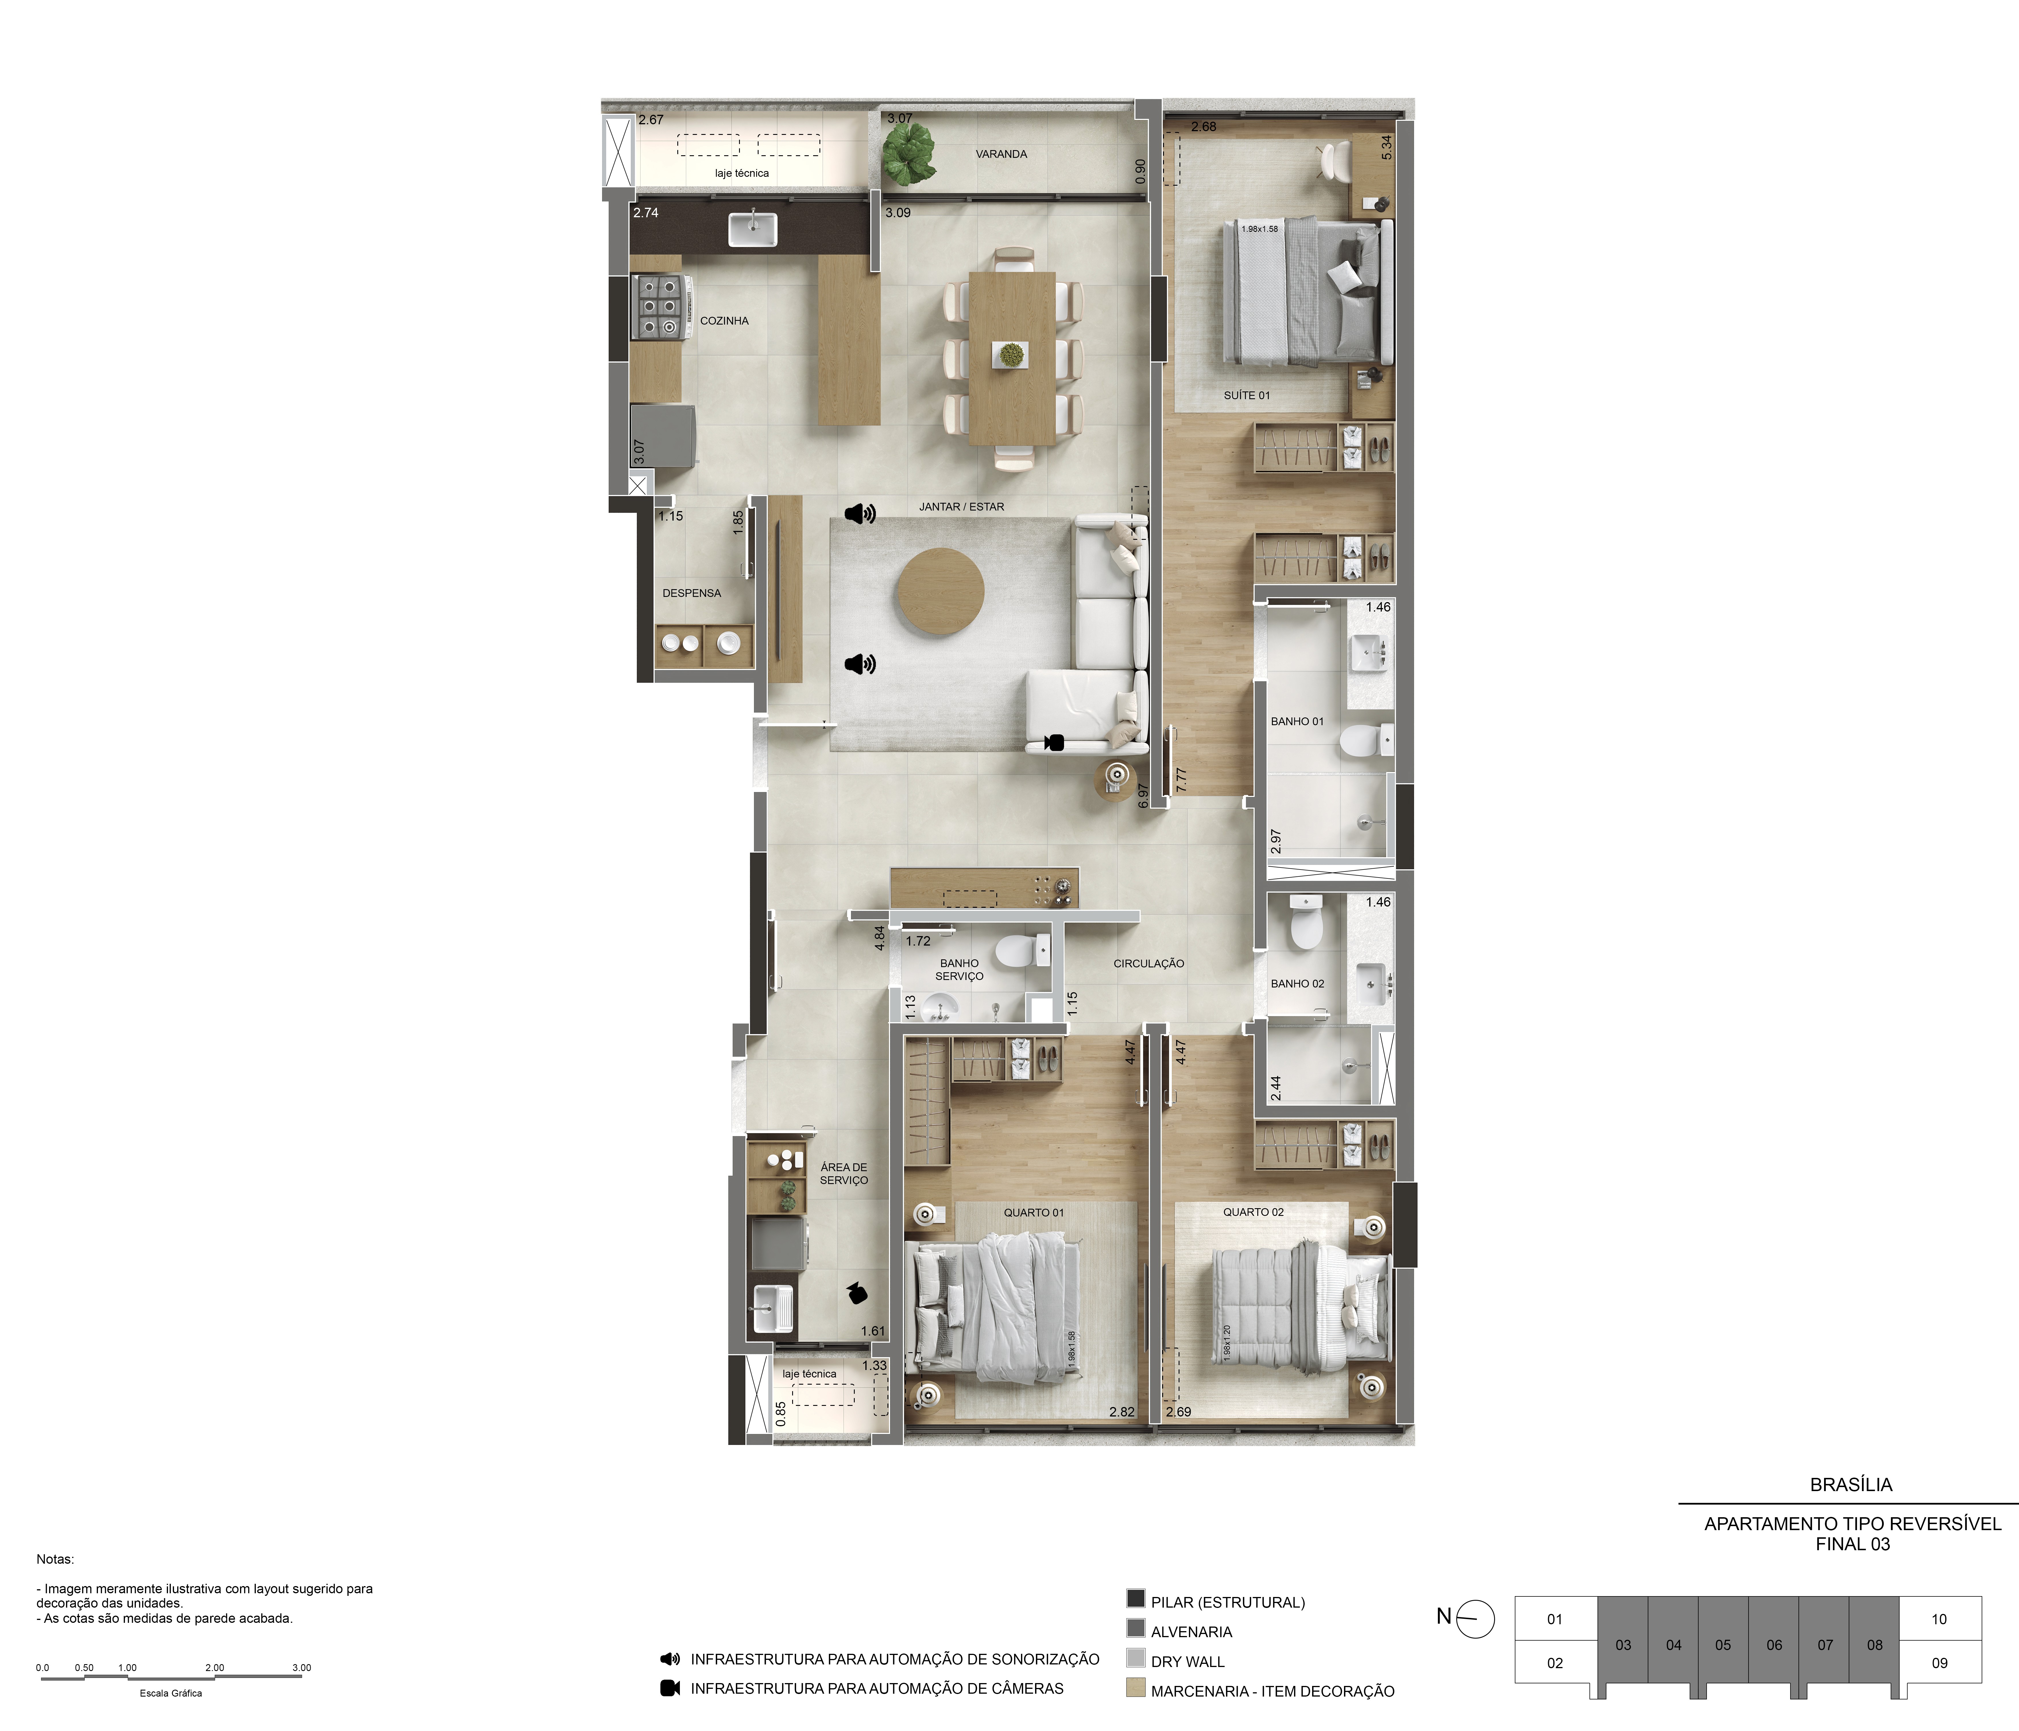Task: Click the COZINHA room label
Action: (x=724, y=321)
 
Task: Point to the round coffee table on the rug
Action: (x=940, y=591)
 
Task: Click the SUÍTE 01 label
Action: (x=1246, y=395)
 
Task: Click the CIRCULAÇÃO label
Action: (x=1149, y=963)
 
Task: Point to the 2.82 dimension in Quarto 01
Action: (x=1121, y=1412)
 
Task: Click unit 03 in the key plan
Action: (x=1622, y=1645)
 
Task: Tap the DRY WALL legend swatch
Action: (x=1135, y=1658)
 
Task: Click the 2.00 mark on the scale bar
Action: (x=214, y=1668)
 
